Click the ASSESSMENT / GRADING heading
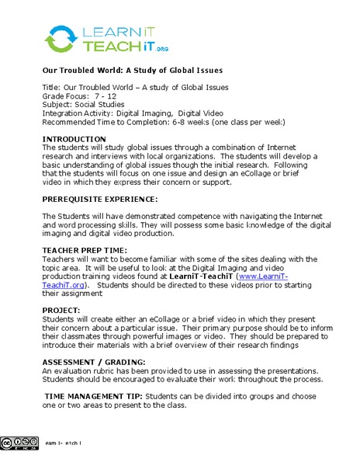[92, 362]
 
